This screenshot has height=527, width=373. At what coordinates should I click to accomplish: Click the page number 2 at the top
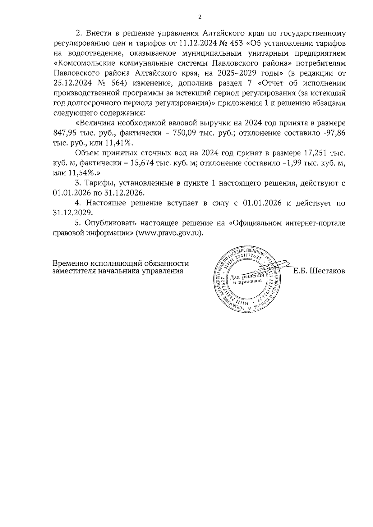tap(200, 17)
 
